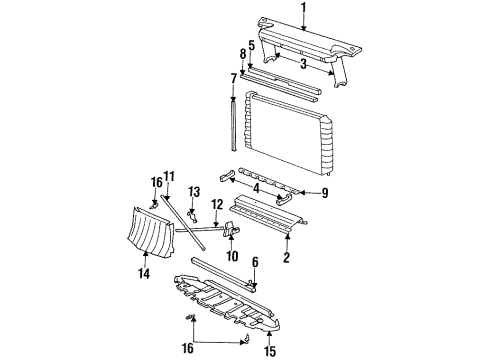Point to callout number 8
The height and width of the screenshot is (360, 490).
242,53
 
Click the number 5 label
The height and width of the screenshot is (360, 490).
251,45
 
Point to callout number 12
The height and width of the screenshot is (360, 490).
215,205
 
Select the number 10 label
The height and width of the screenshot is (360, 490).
232,256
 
